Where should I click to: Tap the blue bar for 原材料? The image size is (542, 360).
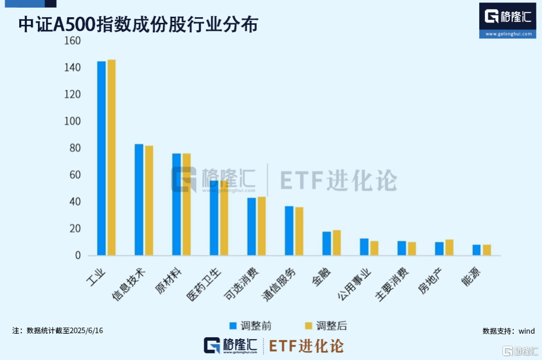coord(176,204)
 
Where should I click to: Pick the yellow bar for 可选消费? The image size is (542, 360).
coord(261,226)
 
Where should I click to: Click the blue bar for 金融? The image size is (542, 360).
coord(327,244)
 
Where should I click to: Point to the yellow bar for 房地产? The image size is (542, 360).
coord(449,248)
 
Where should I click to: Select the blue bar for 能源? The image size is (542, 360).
coord(477,250)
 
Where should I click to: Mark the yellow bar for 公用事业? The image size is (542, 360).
coord(374,248)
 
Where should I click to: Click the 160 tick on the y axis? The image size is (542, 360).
coord(73,41)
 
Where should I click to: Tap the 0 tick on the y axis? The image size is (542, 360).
coord(78,256)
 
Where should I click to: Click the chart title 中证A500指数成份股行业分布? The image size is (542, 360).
coord(138,25)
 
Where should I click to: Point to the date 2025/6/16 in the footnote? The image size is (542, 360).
coord(86,331)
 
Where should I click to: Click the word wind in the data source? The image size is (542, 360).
coord(526,331)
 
